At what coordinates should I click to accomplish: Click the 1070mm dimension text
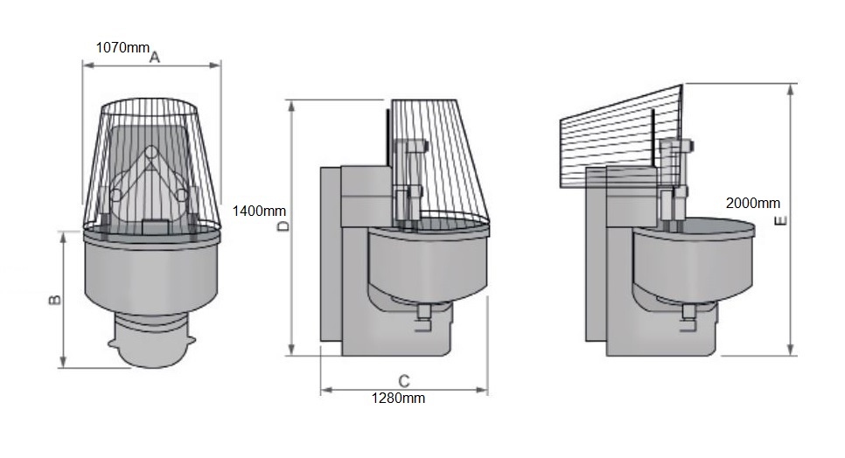click(x=122, y=47)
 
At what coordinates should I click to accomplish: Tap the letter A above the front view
click(x=154, y=58)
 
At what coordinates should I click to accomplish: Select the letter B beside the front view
click(x=54, y=300)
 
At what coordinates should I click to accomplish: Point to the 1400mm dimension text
click(x=259, y=211)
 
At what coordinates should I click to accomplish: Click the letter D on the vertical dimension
click(x=283, y=226)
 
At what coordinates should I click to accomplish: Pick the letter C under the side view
click(x=403, y=381)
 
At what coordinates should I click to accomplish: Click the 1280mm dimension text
click(x=399, y=399)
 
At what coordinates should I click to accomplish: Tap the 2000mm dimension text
click(x=752, y=203)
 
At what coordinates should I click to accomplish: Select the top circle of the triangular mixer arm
click(x=150, y=153)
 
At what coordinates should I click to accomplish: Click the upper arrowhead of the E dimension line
click(x=792, y=87)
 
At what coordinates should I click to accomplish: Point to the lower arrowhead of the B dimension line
click(x=64, y=364)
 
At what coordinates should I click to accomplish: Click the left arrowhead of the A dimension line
click(x=85, y=62)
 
